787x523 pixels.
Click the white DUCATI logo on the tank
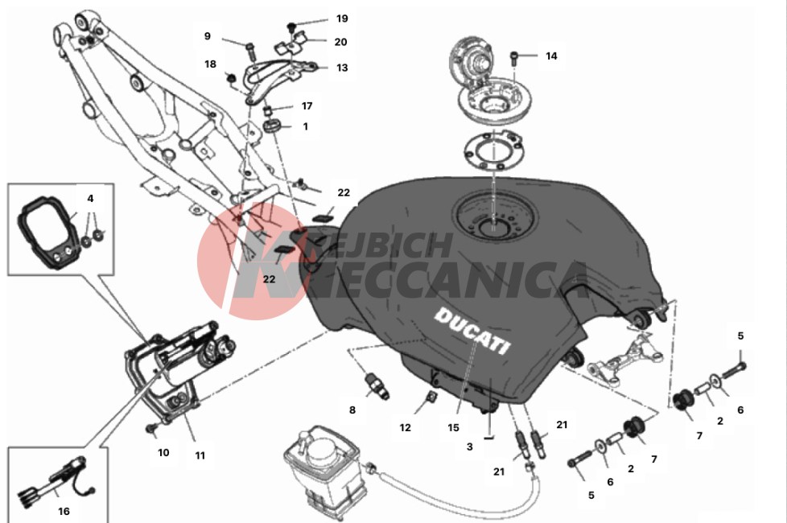472,331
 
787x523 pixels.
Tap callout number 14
551,56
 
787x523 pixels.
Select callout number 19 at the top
342,19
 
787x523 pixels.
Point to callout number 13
342,68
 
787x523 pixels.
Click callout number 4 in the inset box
90,198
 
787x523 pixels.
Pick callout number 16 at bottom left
64,511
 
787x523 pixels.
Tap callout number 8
352,410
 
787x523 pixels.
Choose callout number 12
405,427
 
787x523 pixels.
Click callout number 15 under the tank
453,427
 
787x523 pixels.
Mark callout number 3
470,447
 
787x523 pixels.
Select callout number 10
163,453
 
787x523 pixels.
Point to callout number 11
200,455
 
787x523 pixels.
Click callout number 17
307,106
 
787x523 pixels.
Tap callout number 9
208,36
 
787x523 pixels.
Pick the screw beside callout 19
291,26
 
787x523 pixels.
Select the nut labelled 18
231,78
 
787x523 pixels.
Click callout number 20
341,42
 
